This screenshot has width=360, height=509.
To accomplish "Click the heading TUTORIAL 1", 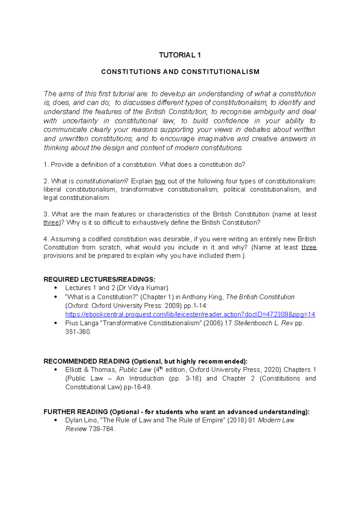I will [180, 55].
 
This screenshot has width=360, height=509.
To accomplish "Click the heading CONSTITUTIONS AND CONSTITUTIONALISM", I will [180, 72].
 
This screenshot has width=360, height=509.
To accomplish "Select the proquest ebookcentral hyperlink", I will [190, 314].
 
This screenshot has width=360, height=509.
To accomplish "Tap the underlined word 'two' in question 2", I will [160, 181].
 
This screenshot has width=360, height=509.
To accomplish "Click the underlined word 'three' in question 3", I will [51, 223].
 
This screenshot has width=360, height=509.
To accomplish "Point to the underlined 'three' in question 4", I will [309, 248].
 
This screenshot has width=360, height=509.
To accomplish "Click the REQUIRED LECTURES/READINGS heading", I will [99, 280].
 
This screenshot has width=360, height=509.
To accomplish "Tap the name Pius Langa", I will [82, 323].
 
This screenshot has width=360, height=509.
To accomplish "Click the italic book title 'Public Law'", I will [135, 370].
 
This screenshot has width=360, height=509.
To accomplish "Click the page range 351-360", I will [78, 332].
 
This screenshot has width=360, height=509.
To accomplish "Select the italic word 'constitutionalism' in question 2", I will [100, 181].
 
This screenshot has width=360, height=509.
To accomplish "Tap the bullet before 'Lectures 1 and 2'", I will [55, 288].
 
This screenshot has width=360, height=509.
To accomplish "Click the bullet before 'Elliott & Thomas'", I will [55, 370].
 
